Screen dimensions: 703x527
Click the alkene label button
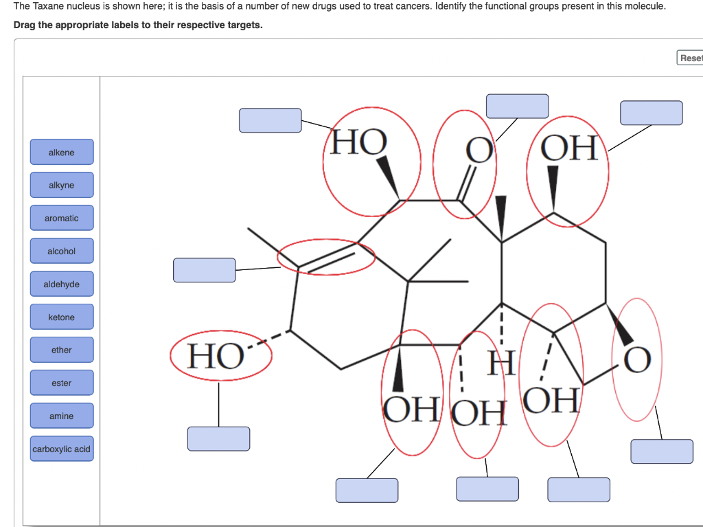(x=61, y=153)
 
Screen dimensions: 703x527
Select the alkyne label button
(x=61, y=186)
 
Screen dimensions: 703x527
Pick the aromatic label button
(x=61, y=218)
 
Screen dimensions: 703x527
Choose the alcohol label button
(x=61, y=251)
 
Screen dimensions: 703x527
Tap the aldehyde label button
(x=61, y=284)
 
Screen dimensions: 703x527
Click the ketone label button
(x=61, y=317)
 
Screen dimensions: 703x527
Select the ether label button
(x=61, y=350)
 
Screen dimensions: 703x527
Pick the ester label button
(x=61, y=383)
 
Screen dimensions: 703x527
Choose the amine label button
(x=61, y=416)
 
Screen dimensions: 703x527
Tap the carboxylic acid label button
(x=61, y=449)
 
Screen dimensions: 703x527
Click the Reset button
(x=690, y=58)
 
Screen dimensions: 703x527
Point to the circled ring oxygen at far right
(x=636, y=359)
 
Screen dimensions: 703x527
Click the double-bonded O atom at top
(x=479, y=150)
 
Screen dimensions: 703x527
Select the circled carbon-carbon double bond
(x=326, y=257)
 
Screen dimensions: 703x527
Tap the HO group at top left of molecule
(x=359, y=143)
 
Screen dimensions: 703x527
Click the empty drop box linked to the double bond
(x=204, y=270)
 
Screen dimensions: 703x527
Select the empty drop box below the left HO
(x=218, y=438)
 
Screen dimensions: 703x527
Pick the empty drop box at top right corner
(x=651, y=113)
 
